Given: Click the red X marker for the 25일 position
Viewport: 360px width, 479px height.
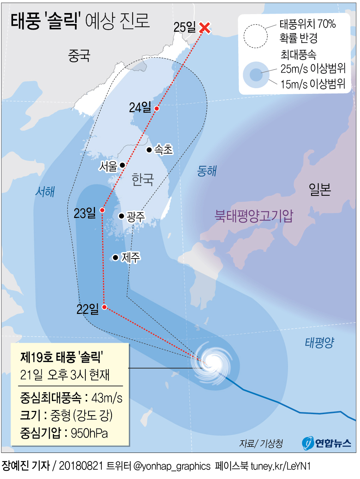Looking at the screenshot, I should tap(205, 28).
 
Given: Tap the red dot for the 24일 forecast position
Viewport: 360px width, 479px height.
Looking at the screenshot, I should tap(157, 108).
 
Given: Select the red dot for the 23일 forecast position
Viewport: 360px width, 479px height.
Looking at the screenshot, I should tap(102, 210).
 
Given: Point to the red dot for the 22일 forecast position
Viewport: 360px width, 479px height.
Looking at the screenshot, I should tap(104, 307).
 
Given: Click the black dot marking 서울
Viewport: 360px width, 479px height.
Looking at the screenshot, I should tap(122, 165).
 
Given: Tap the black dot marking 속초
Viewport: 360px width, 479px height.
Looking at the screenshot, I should tap(149, 150).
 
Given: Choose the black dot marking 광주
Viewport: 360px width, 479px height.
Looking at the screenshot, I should tap(121, 216).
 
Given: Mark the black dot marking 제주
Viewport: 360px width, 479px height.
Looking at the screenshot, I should tap(115, 257).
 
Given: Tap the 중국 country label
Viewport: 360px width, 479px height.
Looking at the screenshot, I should tap(79, 55).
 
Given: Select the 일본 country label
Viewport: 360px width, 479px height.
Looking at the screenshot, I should tap(320, 189).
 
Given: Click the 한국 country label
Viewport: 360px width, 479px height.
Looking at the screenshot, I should tap(143, 180).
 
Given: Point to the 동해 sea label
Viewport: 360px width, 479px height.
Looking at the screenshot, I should tap(207, 171).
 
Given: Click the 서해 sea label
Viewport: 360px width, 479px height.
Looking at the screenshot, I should tap(45, 192).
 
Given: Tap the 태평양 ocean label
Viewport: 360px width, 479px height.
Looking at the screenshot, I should tap(319, 342).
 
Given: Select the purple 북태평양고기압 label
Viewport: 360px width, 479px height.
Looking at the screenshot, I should tap(254, 216).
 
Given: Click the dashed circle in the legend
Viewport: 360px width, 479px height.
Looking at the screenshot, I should tap(256, 36).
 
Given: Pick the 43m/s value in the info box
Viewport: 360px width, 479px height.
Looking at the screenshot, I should tap(107, 398).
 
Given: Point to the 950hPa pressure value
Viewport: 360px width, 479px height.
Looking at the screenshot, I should tap(89, 433).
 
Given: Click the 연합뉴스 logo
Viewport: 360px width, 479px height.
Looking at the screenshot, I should tap(327, 443).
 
